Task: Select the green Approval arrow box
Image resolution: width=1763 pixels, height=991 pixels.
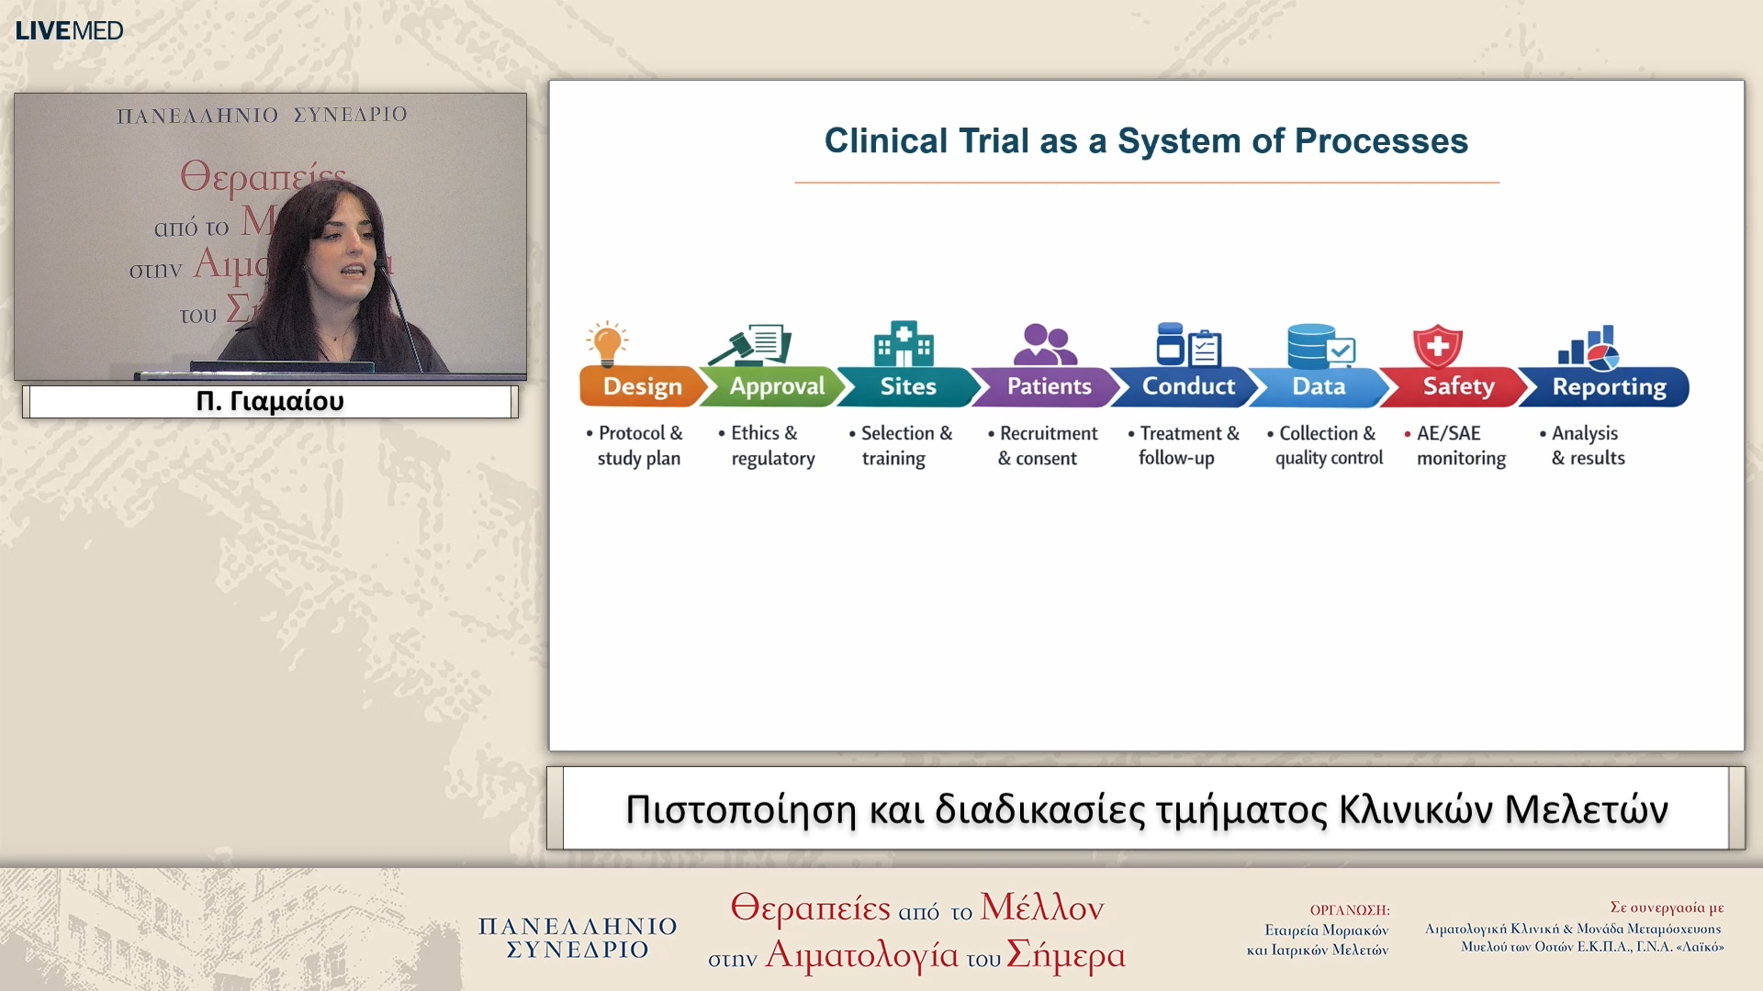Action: point(774,386)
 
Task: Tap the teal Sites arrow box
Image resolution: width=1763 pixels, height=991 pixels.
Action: point(907,386)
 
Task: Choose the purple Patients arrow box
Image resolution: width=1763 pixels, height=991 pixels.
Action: point(1047,386)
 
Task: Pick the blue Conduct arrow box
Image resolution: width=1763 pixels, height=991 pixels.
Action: point(1186,386)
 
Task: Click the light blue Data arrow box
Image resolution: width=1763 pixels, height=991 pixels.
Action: point(1320,386)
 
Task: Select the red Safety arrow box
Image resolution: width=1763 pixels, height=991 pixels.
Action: point(1456,386)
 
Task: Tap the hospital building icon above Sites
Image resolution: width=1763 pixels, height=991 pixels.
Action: point(904,344)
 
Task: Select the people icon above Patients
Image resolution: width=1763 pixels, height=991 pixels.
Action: point(1045,345)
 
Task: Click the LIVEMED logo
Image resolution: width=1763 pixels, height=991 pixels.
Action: point(69,30)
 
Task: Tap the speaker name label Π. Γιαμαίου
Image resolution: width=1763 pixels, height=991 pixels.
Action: point(270,401)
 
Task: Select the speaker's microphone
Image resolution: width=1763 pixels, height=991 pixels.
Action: point(399,313)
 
